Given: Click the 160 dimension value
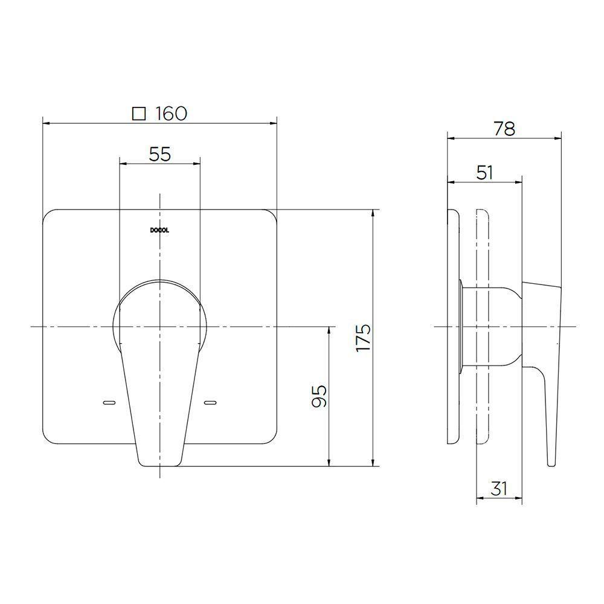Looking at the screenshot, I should tap(171, 114).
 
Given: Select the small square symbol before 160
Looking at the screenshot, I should tap(140, 114).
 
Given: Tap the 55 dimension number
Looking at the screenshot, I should tap(160, 155).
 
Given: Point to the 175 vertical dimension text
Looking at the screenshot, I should tap(362, 338).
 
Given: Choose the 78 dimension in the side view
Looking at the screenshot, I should tap(504, 129).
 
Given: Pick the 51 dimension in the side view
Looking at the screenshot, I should tap(484, 173).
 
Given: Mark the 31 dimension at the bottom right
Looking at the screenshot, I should tap(499, 488).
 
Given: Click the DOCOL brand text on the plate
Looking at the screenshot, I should tap(159, 230).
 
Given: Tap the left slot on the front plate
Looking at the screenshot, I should tap(109, 402).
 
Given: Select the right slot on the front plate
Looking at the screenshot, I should tap(211, 402).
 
